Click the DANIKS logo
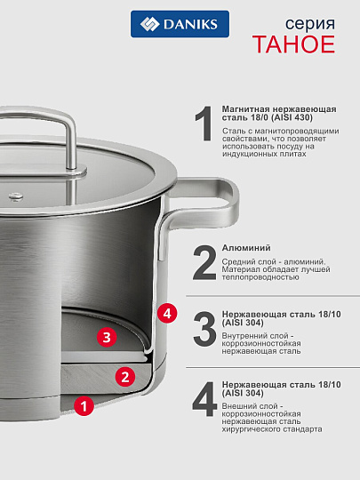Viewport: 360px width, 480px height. tap(180, 24)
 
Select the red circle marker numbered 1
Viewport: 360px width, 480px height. tap(83, 406)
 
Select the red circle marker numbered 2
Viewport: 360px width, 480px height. tap(126, 376)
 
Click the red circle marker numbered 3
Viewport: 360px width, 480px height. tap(107, 338)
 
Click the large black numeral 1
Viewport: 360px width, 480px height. tap(204, 125)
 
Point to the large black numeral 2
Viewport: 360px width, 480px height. tap(204, 262)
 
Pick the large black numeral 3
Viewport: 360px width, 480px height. tap(204, 329)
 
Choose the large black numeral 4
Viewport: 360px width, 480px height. tap(204, 399)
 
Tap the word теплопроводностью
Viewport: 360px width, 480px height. tap(260, 276)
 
